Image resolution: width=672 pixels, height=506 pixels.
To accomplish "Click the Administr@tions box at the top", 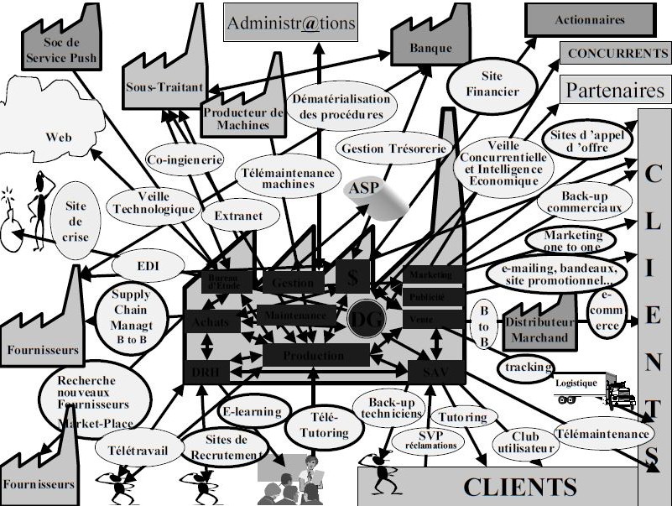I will pos(292,23).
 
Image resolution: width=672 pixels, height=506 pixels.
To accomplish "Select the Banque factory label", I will pos(430,48).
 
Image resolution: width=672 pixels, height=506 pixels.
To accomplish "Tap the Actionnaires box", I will pos(590,19).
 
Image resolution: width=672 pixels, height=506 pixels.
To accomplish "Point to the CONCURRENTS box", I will pos(617,53).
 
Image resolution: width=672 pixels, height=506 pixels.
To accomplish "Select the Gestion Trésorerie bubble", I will pos(393,149).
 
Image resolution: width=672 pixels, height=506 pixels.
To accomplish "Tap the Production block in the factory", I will pos(315,355).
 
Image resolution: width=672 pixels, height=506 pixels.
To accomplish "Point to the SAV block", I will pos(432,370).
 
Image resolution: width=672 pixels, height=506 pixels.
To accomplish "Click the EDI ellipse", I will pos(148,267).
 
